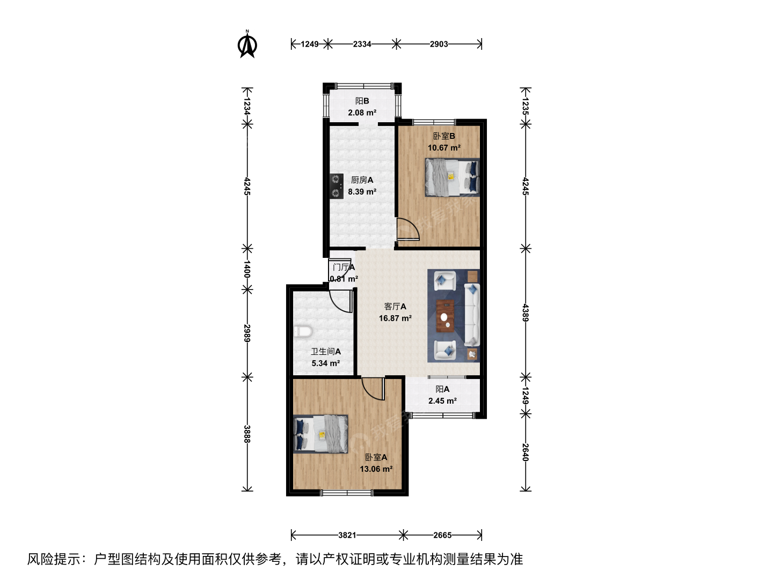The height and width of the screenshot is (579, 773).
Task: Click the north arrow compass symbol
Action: [x=247, y=44]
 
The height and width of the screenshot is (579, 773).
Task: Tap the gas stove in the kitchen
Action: [x=337, y=186]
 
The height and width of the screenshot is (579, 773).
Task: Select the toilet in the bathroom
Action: [x=303, y=331]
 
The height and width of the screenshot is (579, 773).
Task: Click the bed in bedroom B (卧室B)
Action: [x=452, y=177]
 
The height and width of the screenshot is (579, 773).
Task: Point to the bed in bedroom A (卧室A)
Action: [x=320, y=434]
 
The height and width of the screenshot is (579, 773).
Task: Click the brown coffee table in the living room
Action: [x=445, y=316]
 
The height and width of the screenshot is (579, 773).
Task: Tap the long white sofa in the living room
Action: [x=472, y=315]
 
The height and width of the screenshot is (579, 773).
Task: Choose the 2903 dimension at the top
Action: [x=439, y=44]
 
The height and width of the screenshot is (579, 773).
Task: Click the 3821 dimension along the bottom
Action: [x=347, y=535]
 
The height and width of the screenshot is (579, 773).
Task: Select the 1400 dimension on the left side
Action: [x=247, y=269]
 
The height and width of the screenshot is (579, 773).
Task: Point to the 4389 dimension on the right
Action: [x=526, y=313]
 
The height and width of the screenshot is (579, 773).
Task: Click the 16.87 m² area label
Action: [x=395, y=318]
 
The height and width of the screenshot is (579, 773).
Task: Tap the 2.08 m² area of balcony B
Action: [x=362, y=113]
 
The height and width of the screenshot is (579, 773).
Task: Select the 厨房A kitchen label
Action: [x=362, y=180]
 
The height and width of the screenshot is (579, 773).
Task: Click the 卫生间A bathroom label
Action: [x=326, y=352]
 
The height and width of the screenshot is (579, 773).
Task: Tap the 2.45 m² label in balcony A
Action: [x=442, y=401]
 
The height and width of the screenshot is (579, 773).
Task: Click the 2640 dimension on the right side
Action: [x=526, y=452]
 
